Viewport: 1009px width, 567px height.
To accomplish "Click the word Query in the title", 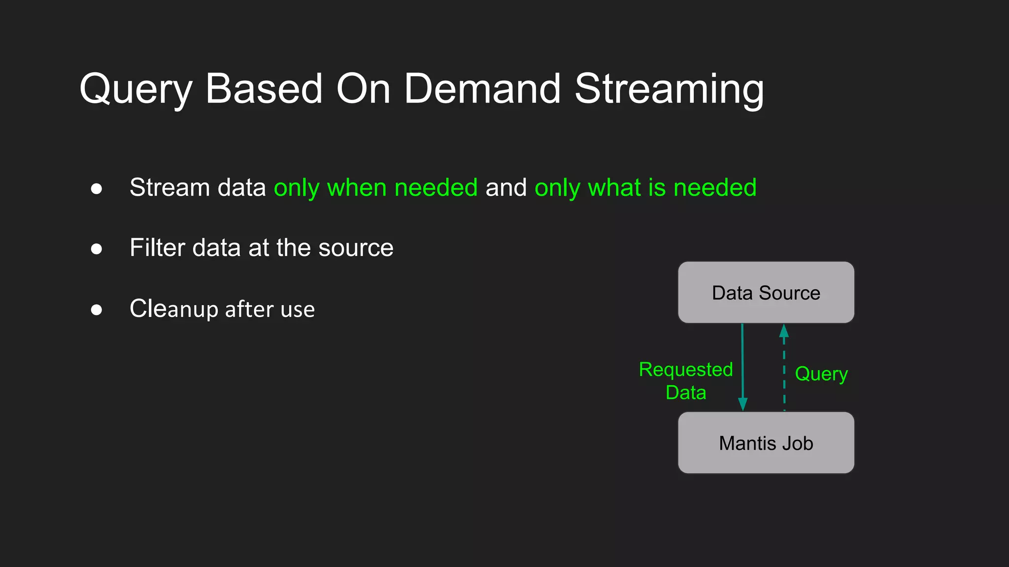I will [135, 90].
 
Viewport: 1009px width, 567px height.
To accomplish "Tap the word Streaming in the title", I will [669, 90].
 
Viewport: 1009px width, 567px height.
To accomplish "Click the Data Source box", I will [766, 292].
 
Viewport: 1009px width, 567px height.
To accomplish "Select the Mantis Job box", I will [766, 443].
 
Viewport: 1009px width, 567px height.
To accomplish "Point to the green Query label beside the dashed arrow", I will [821, 374].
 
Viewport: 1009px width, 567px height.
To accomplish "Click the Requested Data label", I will [686, 381].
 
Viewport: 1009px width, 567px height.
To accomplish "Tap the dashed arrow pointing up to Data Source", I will [784, 369].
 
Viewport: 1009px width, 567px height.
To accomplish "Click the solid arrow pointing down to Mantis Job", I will [742, 367].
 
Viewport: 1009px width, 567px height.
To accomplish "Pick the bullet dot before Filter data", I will [97, 249].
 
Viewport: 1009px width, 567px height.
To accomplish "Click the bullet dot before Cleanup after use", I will [97, 310].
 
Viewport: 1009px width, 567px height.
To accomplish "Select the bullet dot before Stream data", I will [97, 189].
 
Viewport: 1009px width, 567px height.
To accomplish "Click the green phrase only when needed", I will [375, 188].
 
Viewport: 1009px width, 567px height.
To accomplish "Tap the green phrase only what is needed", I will [645, 188].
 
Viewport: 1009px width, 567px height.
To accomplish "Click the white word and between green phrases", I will [506, 188].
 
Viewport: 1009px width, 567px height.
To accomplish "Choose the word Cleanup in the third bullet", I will [173, 309].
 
